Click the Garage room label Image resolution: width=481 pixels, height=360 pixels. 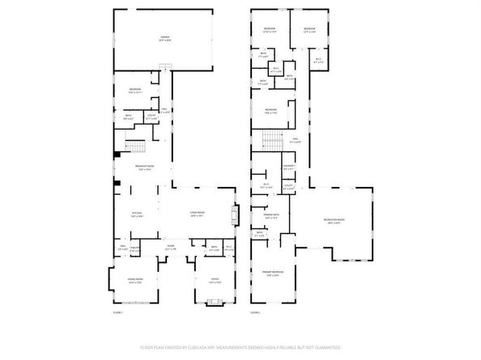coord(164,38)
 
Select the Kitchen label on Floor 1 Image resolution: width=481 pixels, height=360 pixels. coord(136,214)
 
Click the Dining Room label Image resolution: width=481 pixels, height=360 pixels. coord(134,281)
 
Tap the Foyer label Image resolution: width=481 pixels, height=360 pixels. coord(171,246)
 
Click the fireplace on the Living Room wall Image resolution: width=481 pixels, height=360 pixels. coord(236,214)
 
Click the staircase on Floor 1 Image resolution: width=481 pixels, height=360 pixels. coord(135,148)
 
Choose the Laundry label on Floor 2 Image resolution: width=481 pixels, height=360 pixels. coord(287,167)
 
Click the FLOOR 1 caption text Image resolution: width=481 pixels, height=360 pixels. coord(119,311)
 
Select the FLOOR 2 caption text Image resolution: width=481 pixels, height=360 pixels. coord(256,311)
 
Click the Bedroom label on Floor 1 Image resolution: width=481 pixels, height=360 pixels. coord(134,91)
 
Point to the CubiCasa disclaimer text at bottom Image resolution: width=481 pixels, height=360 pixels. coord(240,346)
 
